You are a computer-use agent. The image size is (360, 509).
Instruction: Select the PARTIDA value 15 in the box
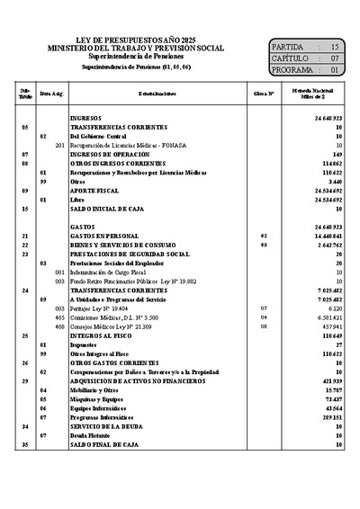(x=335, y=45)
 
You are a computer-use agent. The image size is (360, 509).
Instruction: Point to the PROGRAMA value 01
(x=335, y=69)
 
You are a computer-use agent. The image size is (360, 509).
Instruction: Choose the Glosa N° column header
(x=264, y=94)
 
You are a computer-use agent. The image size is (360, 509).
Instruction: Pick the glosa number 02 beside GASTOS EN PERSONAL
(x=264, y=236)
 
